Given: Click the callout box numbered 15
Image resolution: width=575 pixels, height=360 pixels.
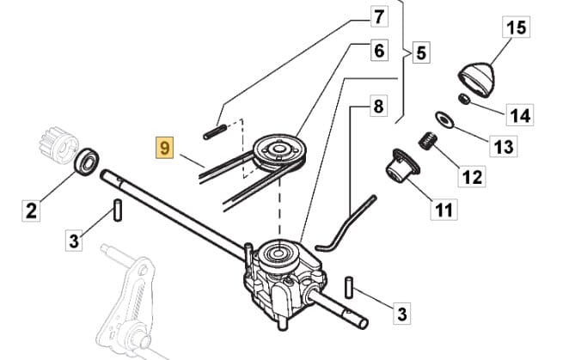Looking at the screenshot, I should (x=516, y=27).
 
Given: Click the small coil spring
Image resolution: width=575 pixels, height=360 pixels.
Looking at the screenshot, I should (x=427, y=140).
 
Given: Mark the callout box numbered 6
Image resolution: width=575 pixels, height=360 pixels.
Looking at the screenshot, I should (x=378, y=50).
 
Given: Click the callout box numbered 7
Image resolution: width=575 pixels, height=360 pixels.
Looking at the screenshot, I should (x=379, y=15).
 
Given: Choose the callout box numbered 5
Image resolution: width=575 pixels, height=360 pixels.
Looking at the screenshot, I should (x=419, y=52).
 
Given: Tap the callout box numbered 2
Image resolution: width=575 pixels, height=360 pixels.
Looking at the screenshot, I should (x=32, y=209).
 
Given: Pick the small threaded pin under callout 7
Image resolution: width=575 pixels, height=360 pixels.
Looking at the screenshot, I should (x=215, y=131).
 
